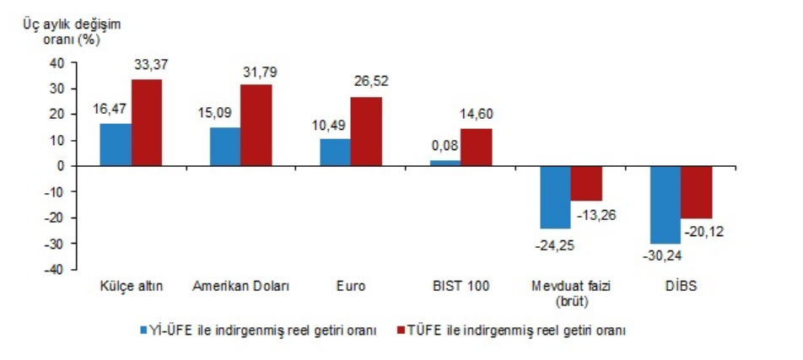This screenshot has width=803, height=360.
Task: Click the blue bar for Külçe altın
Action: (x=115, y=144)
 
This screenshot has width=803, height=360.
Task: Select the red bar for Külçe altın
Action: (x=146, y=122)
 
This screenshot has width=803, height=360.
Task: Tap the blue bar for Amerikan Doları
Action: (x=224, y=146)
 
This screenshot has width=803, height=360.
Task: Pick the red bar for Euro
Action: (x=366, y=132)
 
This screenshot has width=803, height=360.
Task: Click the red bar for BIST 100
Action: (x=476, y=147)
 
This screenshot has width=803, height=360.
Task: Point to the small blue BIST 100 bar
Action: (x=445, y=163)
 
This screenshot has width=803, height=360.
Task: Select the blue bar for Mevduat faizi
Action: (x=555, y=197)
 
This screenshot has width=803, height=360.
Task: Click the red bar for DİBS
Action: (x=696, y=192)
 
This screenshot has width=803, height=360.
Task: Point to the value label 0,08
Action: (x=444, y=146)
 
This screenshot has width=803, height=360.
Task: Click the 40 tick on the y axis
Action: (x=57, y=62)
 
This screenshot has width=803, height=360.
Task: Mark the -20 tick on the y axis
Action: (x=55, y=218)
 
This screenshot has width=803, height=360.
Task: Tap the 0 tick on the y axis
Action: (x=61, y=166)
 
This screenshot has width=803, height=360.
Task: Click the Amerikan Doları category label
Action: (x=241, y=287)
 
